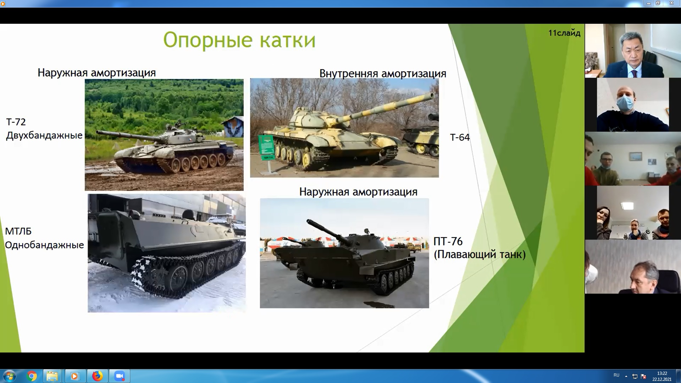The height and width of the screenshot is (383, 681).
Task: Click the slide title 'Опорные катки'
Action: (x=239, y=40)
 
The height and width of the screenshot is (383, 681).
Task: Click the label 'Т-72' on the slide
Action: (x=16, y=122)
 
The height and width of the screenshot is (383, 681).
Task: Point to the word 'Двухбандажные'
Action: (x=44, y=135)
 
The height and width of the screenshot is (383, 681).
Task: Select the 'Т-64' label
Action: (x=460, y=137)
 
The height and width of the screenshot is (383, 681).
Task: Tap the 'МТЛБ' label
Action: (x=18, y=231)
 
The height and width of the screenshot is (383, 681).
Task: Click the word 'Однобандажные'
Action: (x=44, y=245)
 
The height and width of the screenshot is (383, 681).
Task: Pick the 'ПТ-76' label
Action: (x=448, y=242)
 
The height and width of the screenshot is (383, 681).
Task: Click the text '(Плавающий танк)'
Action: (x=480, y=255)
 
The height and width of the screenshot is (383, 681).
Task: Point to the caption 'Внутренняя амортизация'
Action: (x=383, y=73)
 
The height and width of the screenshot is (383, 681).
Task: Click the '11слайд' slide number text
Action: (x=564, y=33)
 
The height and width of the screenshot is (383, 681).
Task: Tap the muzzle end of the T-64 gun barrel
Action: (x=432, y=96)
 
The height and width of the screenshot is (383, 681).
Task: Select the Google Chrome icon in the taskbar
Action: (x=32, y=376)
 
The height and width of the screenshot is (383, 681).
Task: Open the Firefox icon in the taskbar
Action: (x=97, y=376)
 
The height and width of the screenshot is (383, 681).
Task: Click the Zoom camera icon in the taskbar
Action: (x=120, y=376)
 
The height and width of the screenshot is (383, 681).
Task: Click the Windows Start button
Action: (x=9, y=376)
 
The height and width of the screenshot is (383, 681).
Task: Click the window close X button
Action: (x=671, y=3)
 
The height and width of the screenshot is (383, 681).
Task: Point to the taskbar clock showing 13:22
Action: (x=662, y=373)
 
